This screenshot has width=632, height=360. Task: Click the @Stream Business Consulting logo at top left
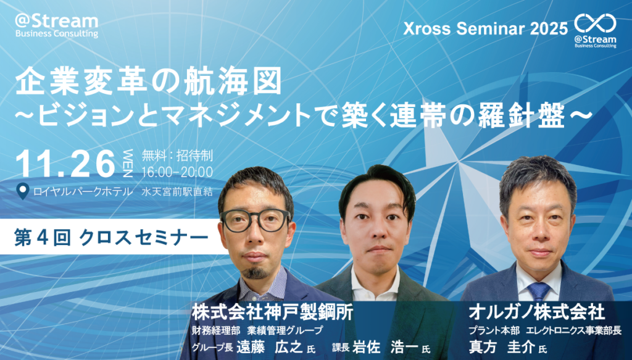[x=56, y=25]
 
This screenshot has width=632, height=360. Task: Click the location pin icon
[x=23, y=191]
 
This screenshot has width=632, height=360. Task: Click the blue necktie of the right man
[x=538, y=291]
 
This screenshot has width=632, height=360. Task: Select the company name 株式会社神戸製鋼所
[x=272, y=312]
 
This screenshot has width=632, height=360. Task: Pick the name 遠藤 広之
[x=270, y=347]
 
